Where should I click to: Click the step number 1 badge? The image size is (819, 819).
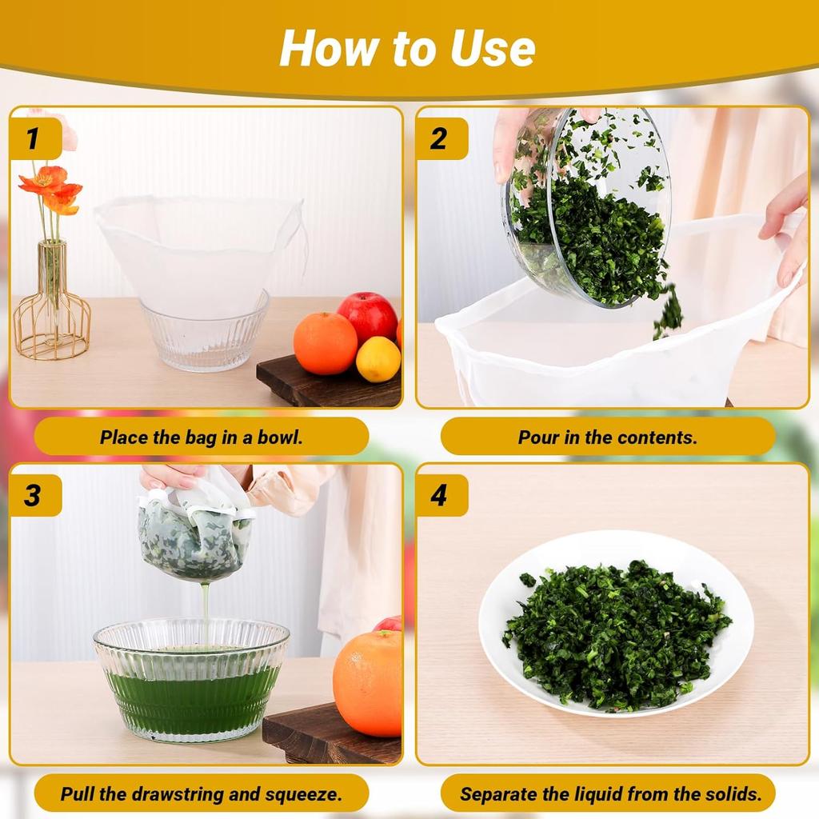pyautogui.click(x=34, y=138)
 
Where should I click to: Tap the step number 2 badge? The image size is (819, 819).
pyautogui.click(x=441, y=138)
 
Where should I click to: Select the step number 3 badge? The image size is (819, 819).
pyautogui.click(x=34, y=494)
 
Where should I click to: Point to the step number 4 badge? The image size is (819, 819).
pyautogui.click(x=441, y=494)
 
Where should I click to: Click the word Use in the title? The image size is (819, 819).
pyautogui.click(x=493, y=49)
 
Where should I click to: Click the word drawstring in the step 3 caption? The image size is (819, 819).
pyautogui.click(x=178, y=794)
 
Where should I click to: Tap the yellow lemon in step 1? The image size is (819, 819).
pyautogui.click(x=378, y=359)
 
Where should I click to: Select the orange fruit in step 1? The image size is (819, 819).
pyautogui.click(x=325, y=343)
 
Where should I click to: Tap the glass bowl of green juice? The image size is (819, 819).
pyautogui.click(x=191, y=679)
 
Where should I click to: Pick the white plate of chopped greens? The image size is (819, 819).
pyautogui.click(x=616, y=624)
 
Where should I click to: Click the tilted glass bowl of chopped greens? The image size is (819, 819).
pyautogui.click(x=585, y=208)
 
